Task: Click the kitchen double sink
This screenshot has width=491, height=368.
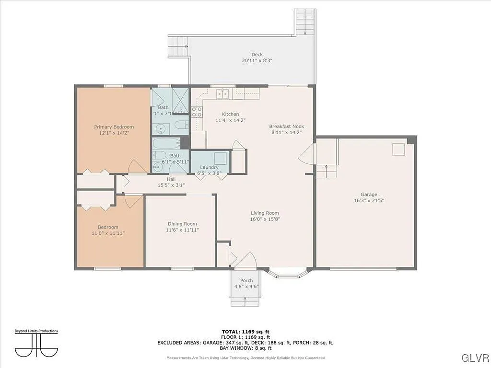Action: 222,94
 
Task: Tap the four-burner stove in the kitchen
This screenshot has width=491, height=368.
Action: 197,112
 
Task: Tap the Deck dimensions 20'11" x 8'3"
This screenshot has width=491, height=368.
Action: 257,61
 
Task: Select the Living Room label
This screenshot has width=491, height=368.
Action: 265,213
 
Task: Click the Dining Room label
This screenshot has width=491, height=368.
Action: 182,224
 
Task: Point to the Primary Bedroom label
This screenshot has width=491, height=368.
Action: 114,127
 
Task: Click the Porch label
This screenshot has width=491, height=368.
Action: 246,281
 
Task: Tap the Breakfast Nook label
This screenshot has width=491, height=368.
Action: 286,126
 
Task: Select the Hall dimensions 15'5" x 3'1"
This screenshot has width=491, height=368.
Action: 171,185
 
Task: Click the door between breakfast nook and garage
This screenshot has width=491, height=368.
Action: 306,154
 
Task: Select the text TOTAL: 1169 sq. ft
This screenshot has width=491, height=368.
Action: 245,332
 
